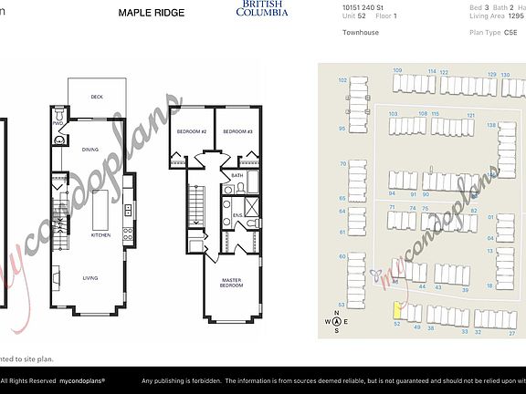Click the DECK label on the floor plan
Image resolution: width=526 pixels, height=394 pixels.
[x=96, y=98]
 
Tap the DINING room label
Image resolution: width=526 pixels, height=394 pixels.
[x=89, y=149]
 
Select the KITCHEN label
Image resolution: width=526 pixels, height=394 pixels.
[x=100, y=234]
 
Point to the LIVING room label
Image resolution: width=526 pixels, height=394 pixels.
[x=91, y=278]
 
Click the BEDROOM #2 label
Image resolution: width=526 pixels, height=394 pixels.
[x=192, y=132]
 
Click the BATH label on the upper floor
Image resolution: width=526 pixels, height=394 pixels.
[x=237, y=175]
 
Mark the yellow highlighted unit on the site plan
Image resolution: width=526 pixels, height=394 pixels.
[x=398, y=311]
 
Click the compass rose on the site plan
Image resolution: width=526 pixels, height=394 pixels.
[x=337, y=320]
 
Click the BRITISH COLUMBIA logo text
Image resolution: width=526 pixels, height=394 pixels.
[x=261, y=10]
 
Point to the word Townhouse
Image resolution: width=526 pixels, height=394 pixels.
[x=361, y=33]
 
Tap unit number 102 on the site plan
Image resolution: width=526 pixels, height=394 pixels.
[x=342, y=80]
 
